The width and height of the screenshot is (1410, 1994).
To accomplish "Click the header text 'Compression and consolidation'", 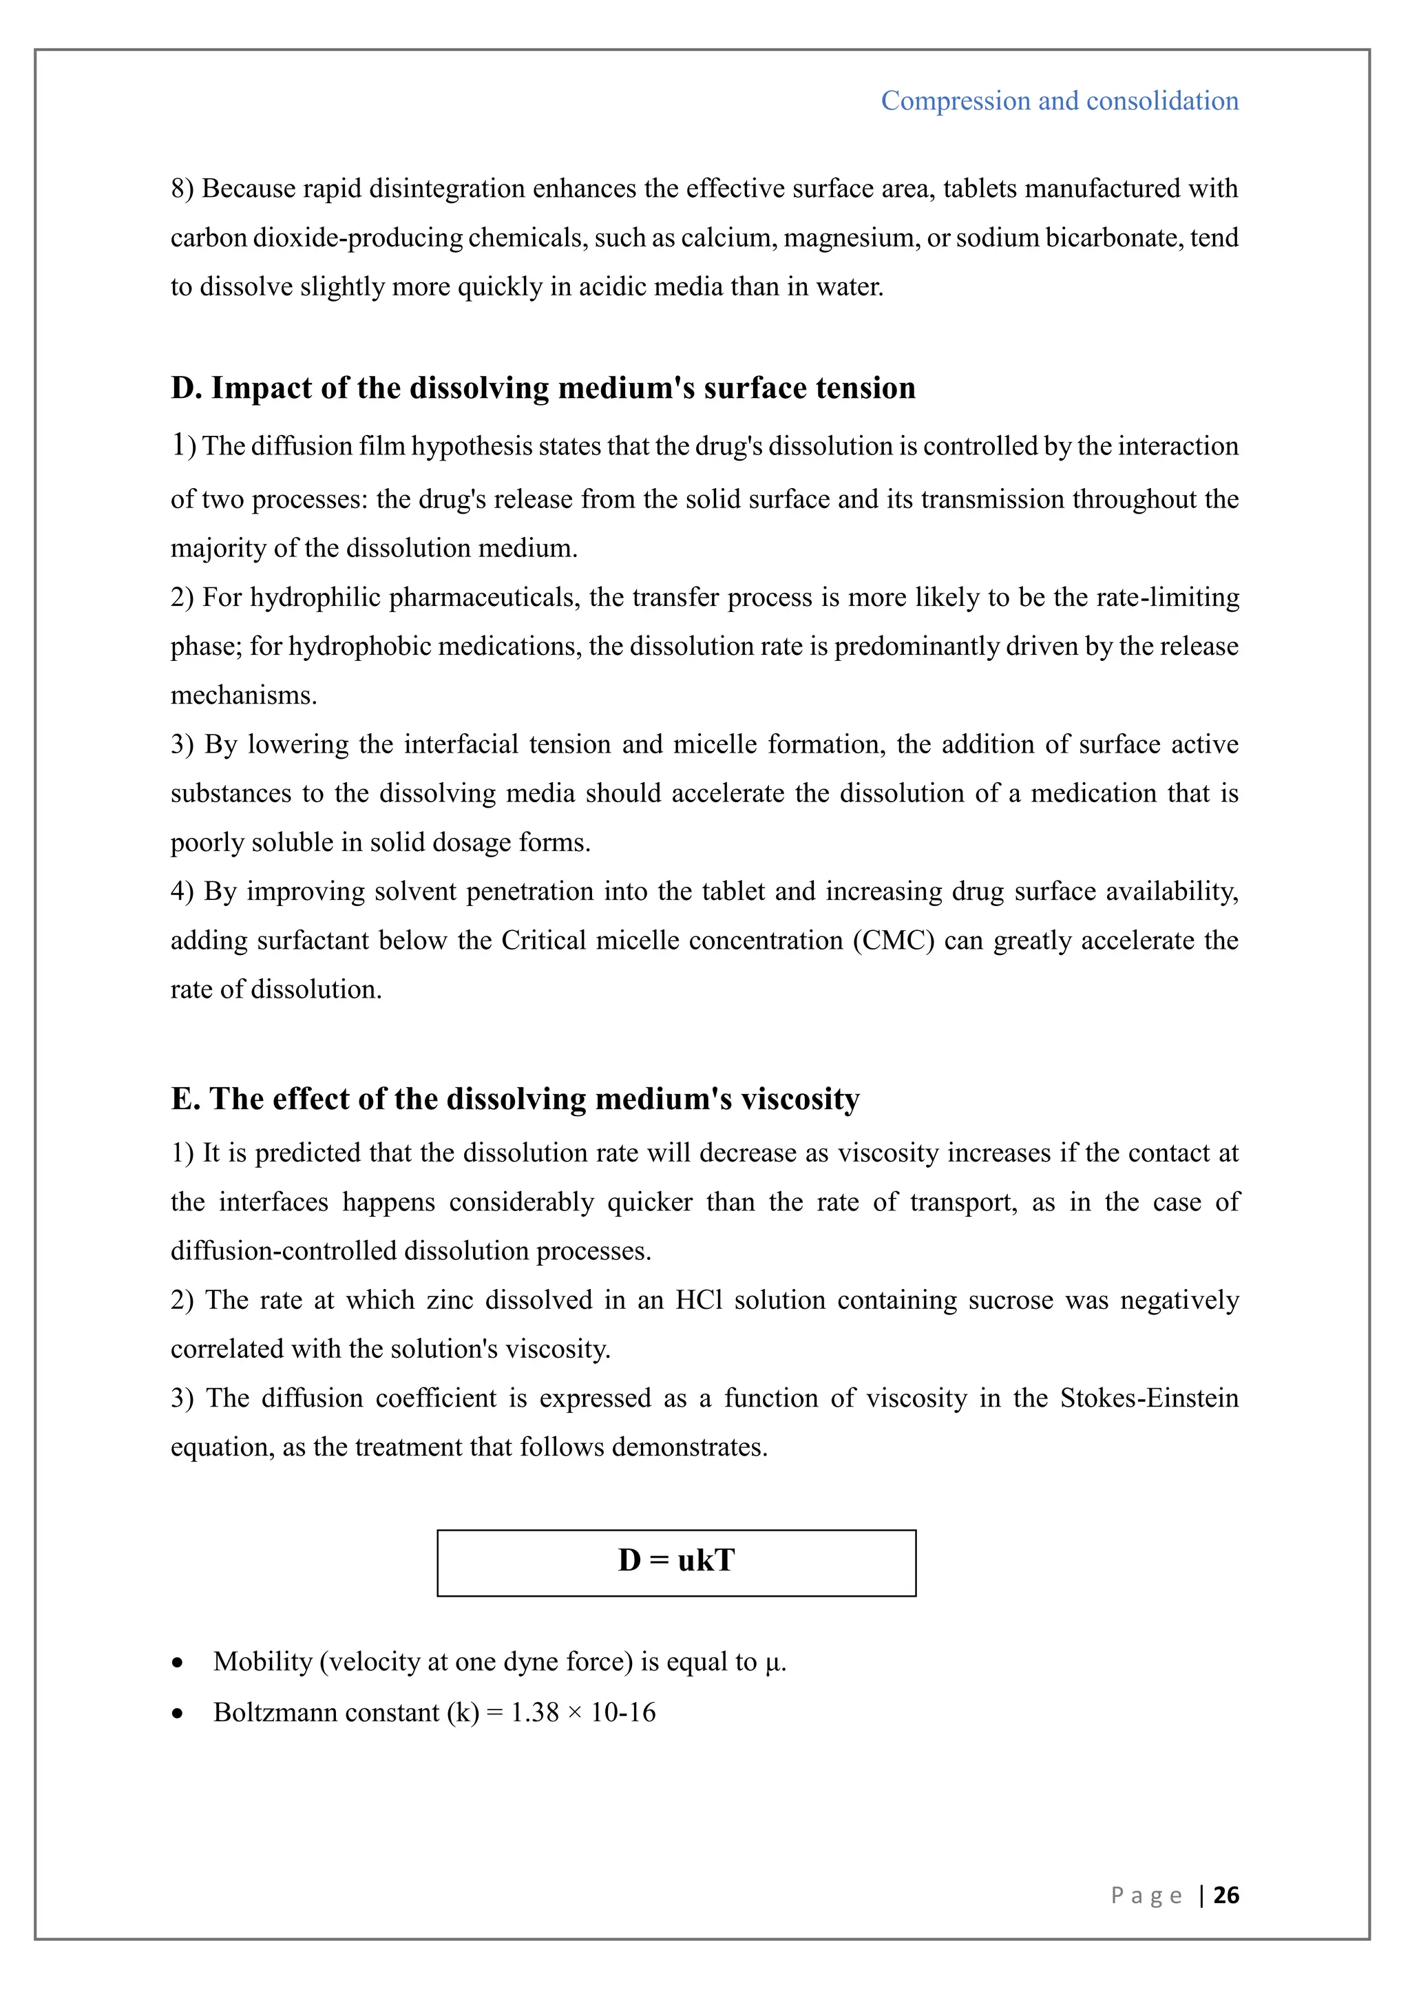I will coord(1060,101).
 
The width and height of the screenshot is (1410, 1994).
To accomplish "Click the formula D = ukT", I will coord(676,1561).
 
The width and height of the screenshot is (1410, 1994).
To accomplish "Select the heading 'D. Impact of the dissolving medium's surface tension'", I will coord(543,388).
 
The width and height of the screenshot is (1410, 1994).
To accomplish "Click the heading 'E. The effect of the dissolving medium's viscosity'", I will coord(515,1099).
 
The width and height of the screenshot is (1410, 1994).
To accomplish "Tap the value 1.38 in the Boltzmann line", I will coord(534,1712).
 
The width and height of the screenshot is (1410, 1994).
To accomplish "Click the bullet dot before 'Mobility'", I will coord(178,1663).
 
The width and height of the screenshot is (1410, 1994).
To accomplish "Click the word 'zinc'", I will coord(449,1300).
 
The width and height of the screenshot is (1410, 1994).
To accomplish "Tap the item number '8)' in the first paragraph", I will coord(182,189).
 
